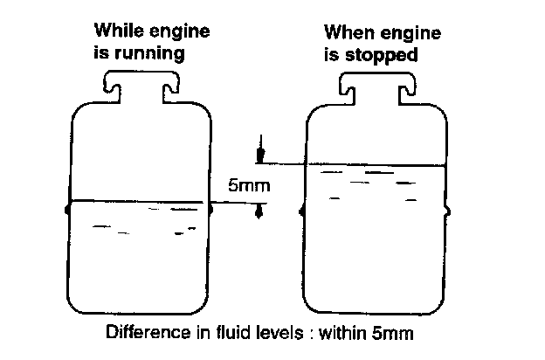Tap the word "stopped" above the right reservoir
tap(386, 52)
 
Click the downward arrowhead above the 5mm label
tap(259, 156)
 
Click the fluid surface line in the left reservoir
tap(139, 201)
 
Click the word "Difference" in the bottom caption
tap(141, 332)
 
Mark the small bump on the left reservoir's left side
tap(67, 209)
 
